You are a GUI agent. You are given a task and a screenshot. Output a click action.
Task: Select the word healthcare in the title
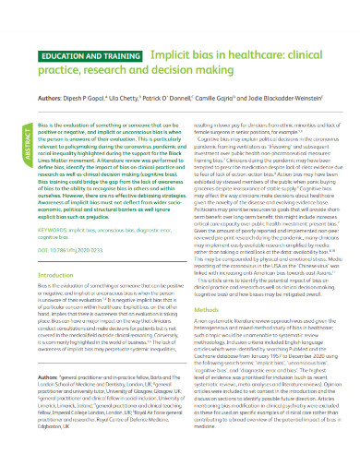tap(232, 29)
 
